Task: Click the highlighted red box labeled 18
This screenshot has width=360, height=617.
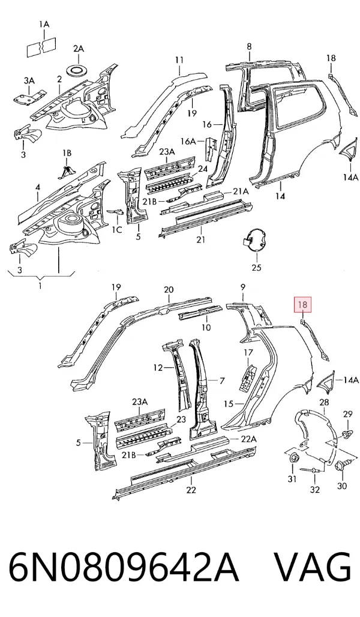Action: pos(303,304)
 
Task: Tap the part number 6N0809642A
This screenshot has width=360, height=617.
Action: pos(124,567)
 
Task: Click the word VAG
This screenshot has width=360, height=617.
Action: pos(312,567)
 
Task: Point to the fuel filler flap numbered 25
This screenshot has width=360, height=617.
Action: pos(254,239)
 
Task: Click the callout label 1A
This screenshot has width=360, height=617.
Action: pos(44,25)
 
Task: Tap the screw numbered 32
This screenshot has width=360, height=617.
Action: pos(311,469)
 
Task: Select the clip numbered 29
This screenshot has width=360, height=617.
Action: pos(347,434)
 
